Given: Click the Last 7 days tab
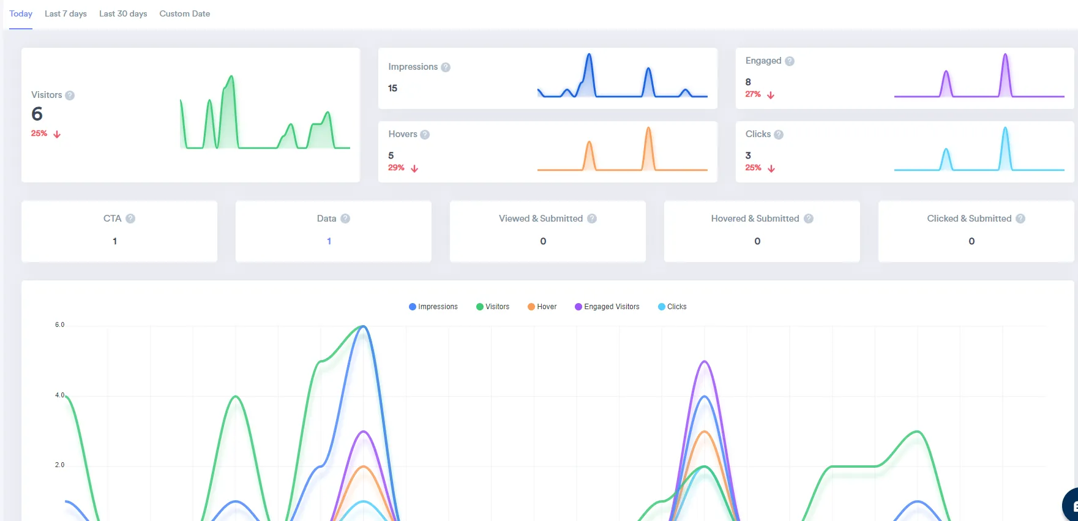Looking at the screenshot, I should point(66,13).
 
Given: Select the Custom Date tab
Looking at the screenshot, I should point(184,13).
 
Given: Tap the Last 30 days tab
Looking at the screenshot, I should point(123,13).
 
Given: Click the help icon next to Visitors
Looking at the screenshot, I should point(70,96).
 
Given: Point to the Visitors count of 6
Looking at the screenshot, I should point(37,114).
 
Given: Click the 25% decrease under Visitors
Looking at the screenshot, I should point(39,133).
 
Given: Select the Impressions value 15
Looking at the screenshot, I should point(392,88).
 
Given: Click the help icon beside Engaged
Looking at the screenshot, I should point(790,61).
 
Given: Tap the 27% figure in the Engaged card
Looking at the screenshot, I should point(753,94).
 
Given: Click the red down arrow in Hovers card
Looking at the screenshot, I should point(414,168).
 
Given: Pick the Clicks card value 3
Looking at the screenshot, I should point(748,156).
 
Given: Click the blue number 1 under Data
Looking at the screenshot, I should point(329,241).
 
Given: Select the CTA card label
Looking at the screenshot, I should point(112,219).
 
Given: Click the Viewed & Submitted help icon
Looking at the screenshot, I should point(592,219).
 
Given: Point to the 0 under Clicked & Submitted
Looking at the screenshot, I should point(971,241).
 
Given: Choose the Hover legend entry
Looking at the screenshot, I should point(542,307).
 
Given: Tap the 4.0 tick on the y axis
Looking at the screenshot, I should point(59,395).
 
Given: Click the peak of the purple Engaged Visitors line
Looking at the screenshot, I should point(705,361).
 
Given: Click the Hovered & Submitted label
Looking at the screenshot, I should point(755,219).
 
